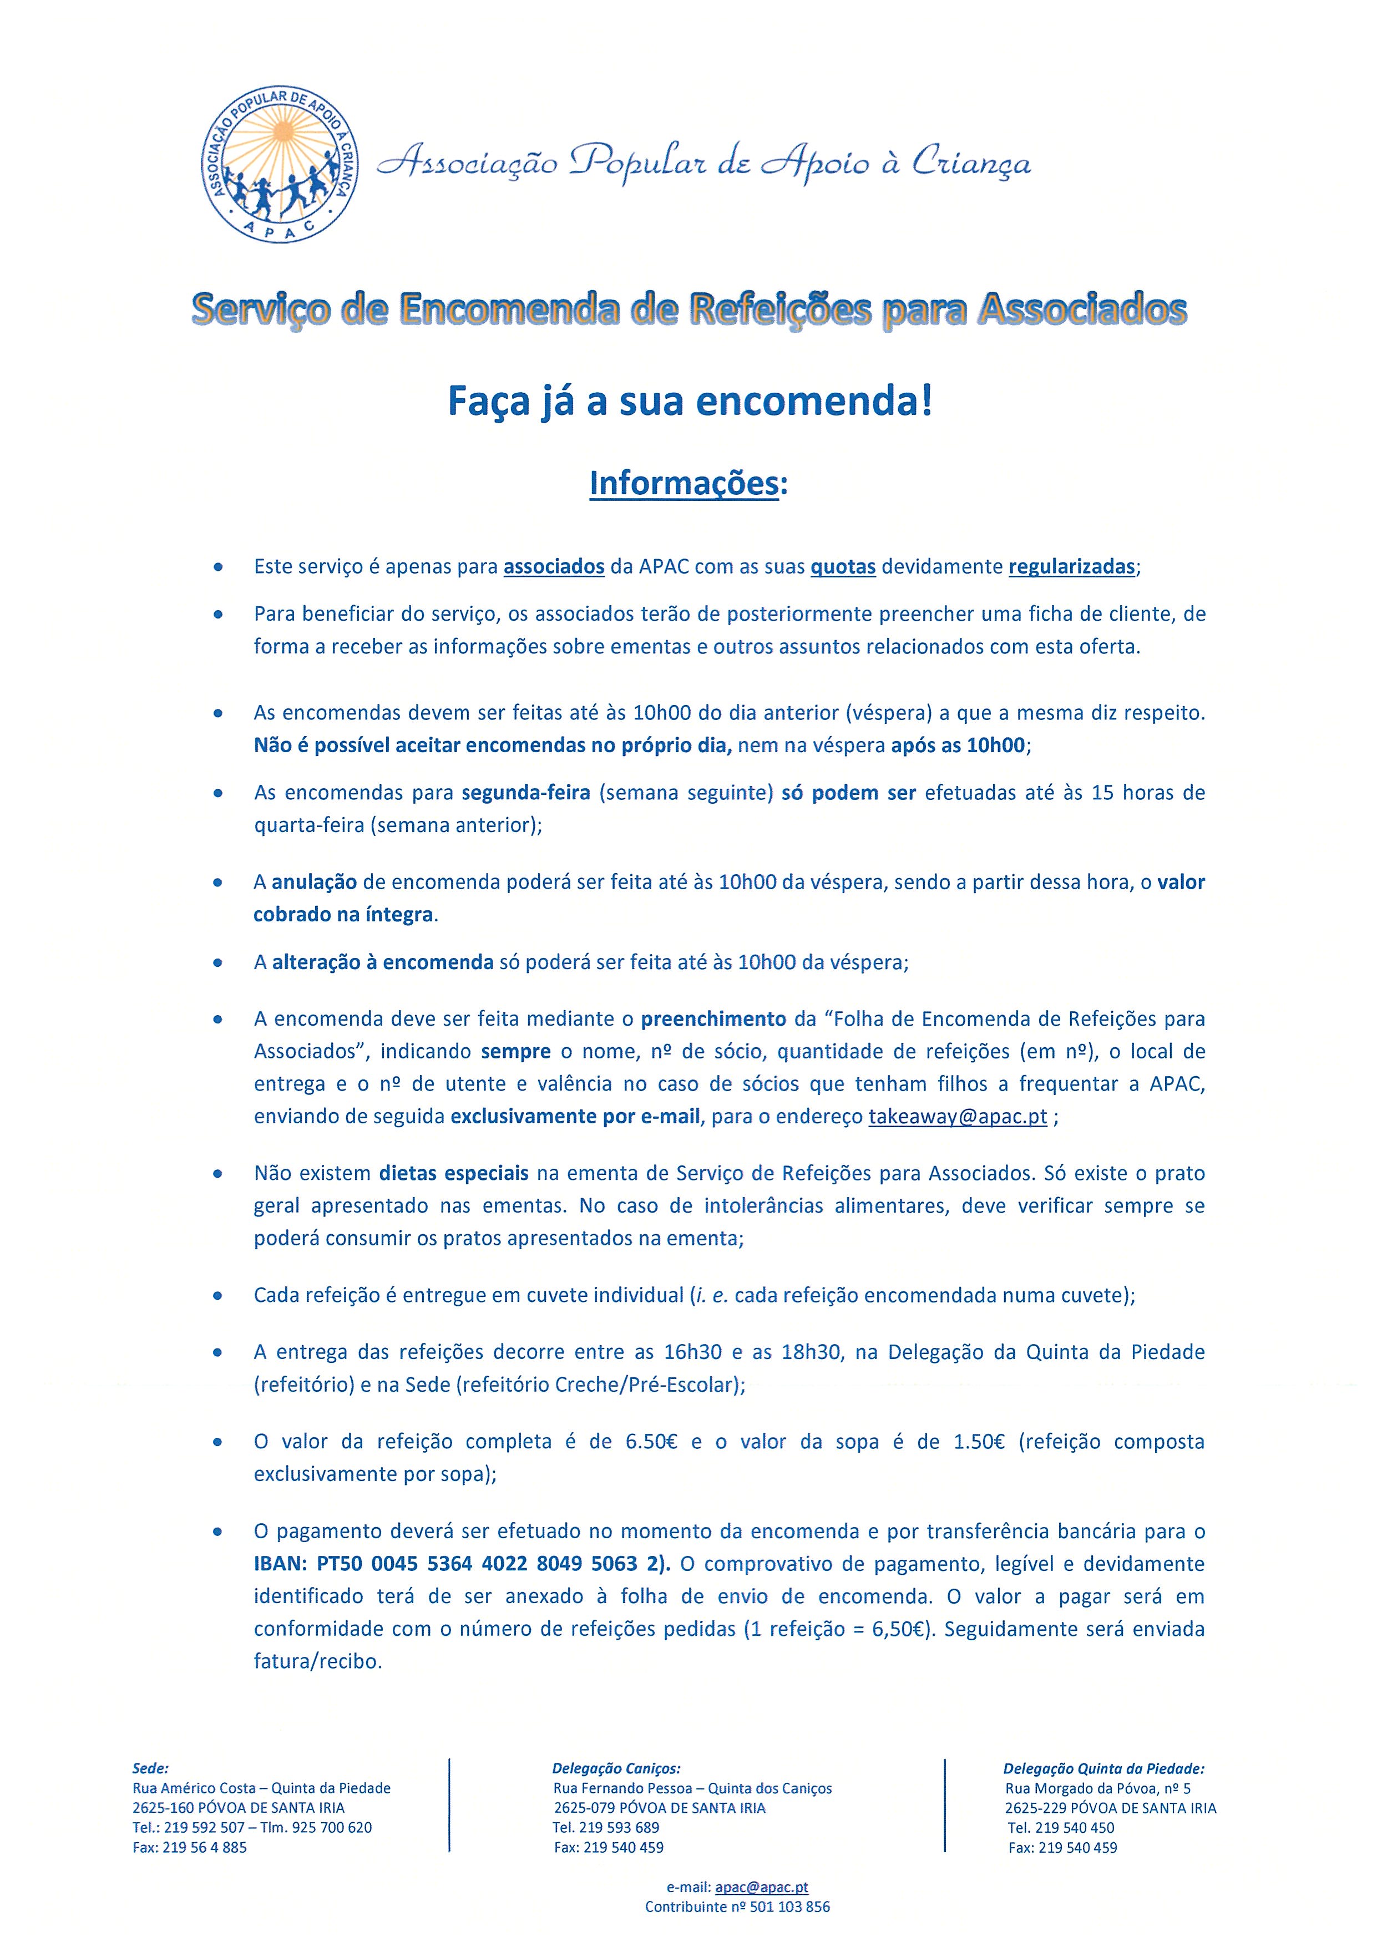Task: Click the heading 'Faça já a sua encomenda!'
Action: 690,401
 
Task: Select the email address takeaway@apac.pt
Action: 957,1116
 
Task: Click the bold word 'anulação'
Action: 313,882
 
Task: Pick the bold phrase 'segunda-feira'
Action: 526,793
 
